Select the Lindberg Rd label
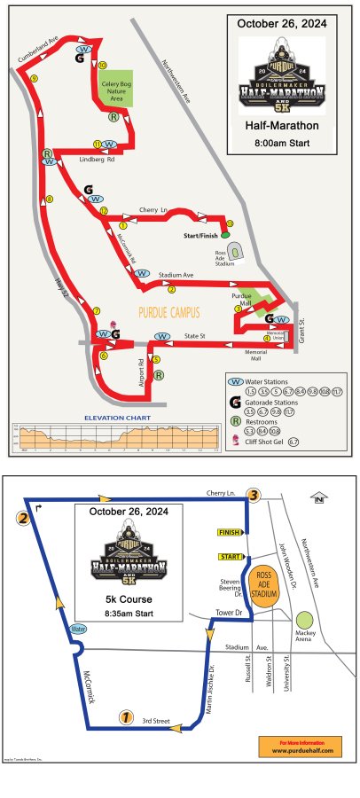(98, 160)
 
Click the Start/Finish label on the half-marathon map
(200, 235)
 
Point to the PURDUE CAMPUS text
(170, 312)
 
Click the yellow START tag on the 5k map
(228, 557)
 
